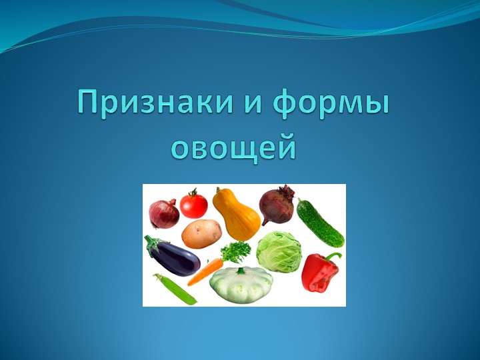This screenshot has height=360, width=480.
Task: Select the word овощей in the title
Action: pos(233,147)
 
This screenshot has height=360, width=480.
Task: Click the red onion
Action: pos(164,213)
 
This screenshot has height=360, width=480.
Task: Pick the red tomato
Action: pos(193,204)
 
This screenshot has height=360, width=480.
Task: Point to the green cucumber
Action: pos(320,223)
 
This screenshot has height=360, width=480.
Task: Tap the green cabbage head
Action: pos(279,251)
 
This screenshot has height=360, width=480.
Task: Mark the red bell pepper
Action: pos(319,273)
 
